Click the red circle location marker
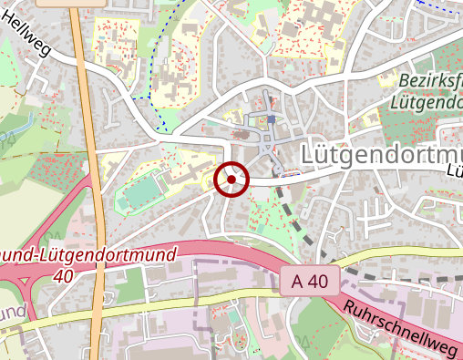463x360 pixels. (231, 180)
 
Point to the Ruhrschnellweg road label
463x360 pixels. (400, 329)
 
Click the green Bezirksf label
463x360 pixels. (429, 82)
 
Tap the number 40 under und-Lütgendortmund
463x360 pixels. (63, 274)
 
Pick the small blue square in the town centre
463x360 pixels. (271, 119)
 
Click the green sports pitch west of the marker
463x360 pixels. (139, 192)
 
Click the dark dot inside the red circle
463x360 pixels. (231, 180)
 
